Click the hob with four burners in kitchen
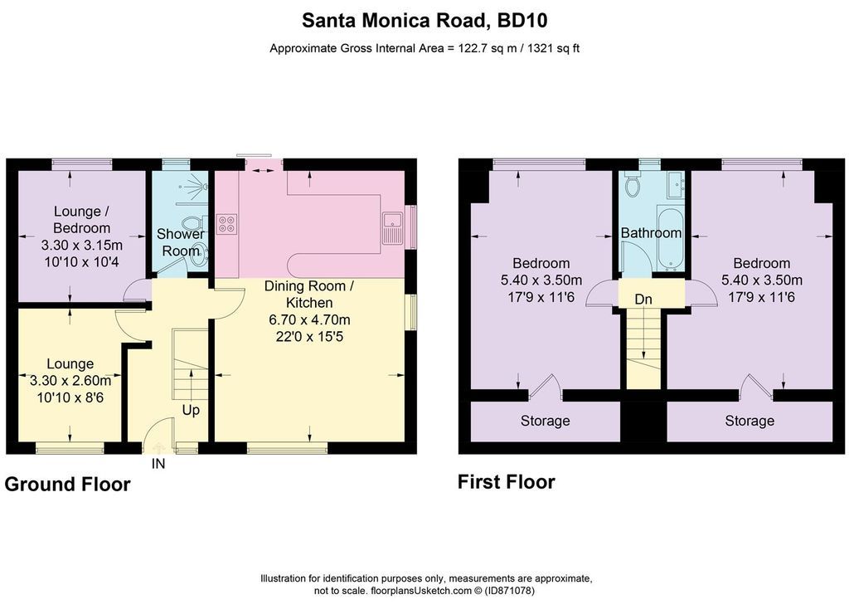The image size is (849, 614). coord(227,224)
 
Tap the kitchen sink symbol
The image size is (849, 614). coord(391,227)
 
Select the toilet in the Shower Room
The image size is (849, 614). coord(192,222)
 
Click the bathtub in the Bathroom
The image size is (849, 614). coord(670,237)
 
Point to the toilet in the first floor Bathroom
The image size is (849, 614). coord(632,185)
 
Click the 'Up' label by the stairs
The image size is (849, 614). coord(191,410)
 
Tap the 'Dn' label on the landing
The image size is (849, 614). coord(643,300)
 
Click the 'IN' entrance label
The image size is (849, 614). coord(158,464)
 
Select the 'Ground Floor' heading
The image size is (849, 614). coord(68,485)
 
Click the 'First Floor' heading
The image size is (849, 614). coord(507,482)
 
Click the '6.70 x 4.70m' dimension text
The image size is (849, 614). coord(310,319)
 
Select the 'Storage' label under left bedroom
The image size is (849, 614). coord(546,421)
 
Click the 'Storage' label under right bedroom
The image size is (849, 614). coord(750,421)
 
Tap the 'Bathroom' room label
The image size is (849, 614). coord(651,233)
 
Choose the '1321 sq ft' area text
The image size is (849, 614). coord(553,48)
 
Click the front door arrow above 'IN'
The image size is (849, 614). coord(158,447)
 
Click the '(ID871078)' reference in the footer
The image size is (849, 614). coord(509,591)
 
